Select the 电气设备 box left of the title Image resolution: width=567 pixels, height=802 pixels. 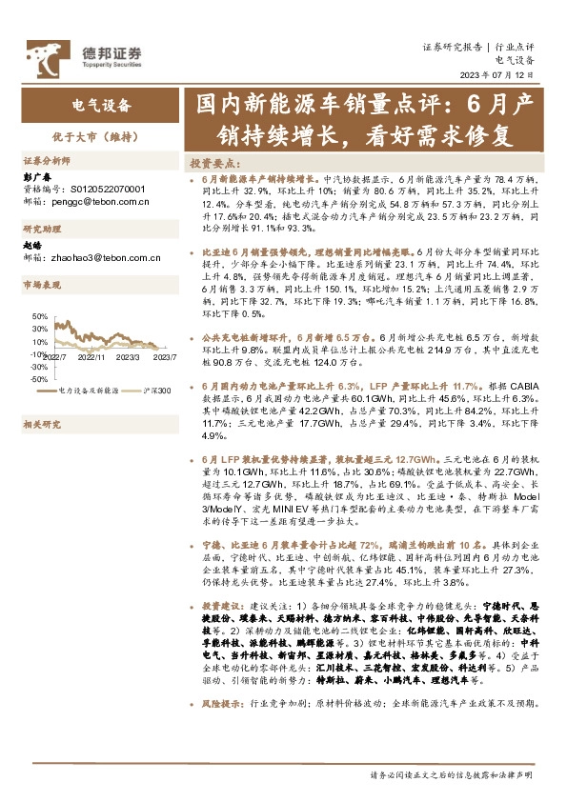coord(101,105)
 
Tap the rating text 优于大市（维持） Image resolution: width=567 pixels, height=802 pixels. coord(101,136)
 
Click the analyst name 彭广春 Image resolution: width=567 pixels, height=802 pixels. coord(35,177)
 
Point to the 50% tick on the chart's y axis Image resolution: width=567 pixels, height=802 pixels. coord(38,315)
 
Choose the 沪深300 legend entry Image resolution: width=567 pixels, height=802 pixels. coord(154,391)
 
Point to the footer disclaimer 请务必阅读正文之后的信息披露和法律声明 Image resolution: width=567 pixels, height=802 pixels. coord(451,776)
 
